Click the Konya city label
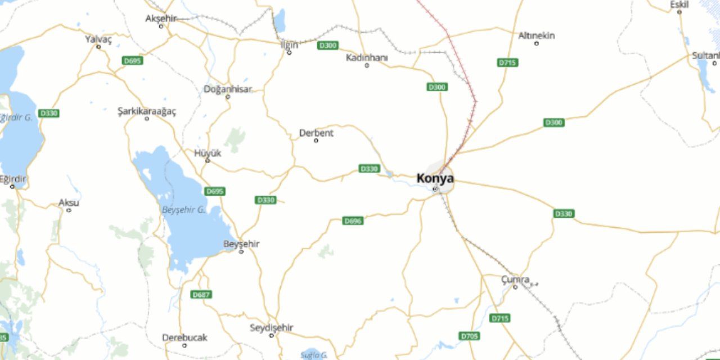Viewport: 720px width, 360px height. click(435, 178)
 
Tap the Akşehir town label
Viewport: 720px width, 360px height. click(161, 18)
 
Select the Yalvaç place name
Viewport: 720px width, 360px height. click(98, 39)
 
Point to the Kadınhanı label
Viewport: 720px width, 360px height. click(367, 57)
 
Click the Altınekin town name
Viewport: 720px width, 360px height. click(536, 35)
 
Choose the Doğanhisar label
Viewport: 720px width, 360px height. click(228, 89)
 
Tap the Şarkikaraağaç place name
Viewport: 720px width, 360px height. click(146, 111)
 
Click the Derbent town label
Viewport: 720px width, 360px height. click(316, 133)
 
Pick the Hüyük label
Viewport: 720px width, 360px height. click(208, 153)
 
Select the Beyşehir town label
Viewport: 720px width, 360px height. click(241, 244)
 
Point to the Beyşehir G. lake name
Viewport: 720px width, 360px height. click(183, 209)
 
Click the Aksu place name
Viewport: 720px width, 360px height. click(69, 202)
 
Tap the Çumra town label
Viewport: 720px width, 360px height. click(515, 279)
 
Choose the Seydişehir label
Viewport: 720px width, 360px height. click(272, 327)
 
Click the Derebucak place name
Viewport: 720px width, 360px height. click(184, 337)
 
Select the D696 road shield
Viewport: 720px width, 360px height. click(353, 221)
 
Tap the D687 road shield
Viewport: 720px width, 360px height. click(201, 294)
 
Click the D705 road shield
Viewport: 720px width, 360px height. click(470, 336)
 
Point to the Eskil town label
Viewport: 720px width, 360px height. click(679, 5)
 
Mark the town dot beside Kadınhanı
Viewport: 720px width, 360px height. click(367, 65)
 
